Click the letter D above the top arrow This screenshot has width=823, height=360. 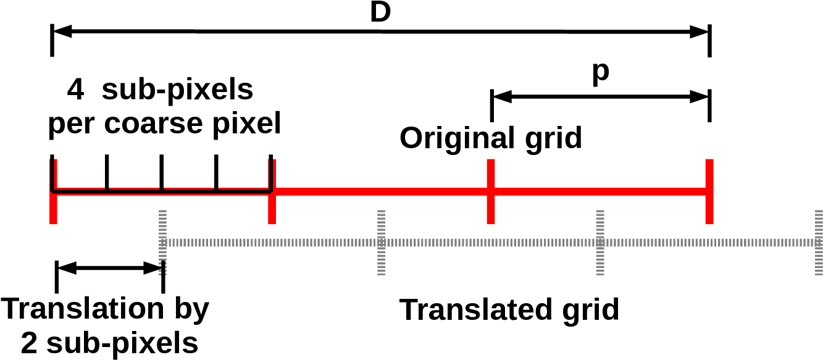pos(380,12)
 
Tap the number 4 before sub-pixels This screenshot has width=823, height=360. pos(75,91)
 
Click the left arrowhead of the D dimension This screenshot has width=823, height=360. pos(62,31)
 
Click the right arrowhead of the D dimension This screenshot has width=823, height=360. pos(700,31)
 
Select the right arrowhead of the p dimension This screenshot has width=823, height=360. pos(700,96)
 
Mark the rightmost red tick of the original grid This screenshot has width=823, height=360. pos(709,191)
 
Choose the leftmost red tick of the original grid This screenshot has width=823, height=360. pos(53,191)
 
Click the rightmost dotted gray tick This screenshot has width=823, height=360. pos(818,242)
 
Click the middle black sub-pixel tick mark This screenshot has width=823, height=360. pos(161,173)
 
